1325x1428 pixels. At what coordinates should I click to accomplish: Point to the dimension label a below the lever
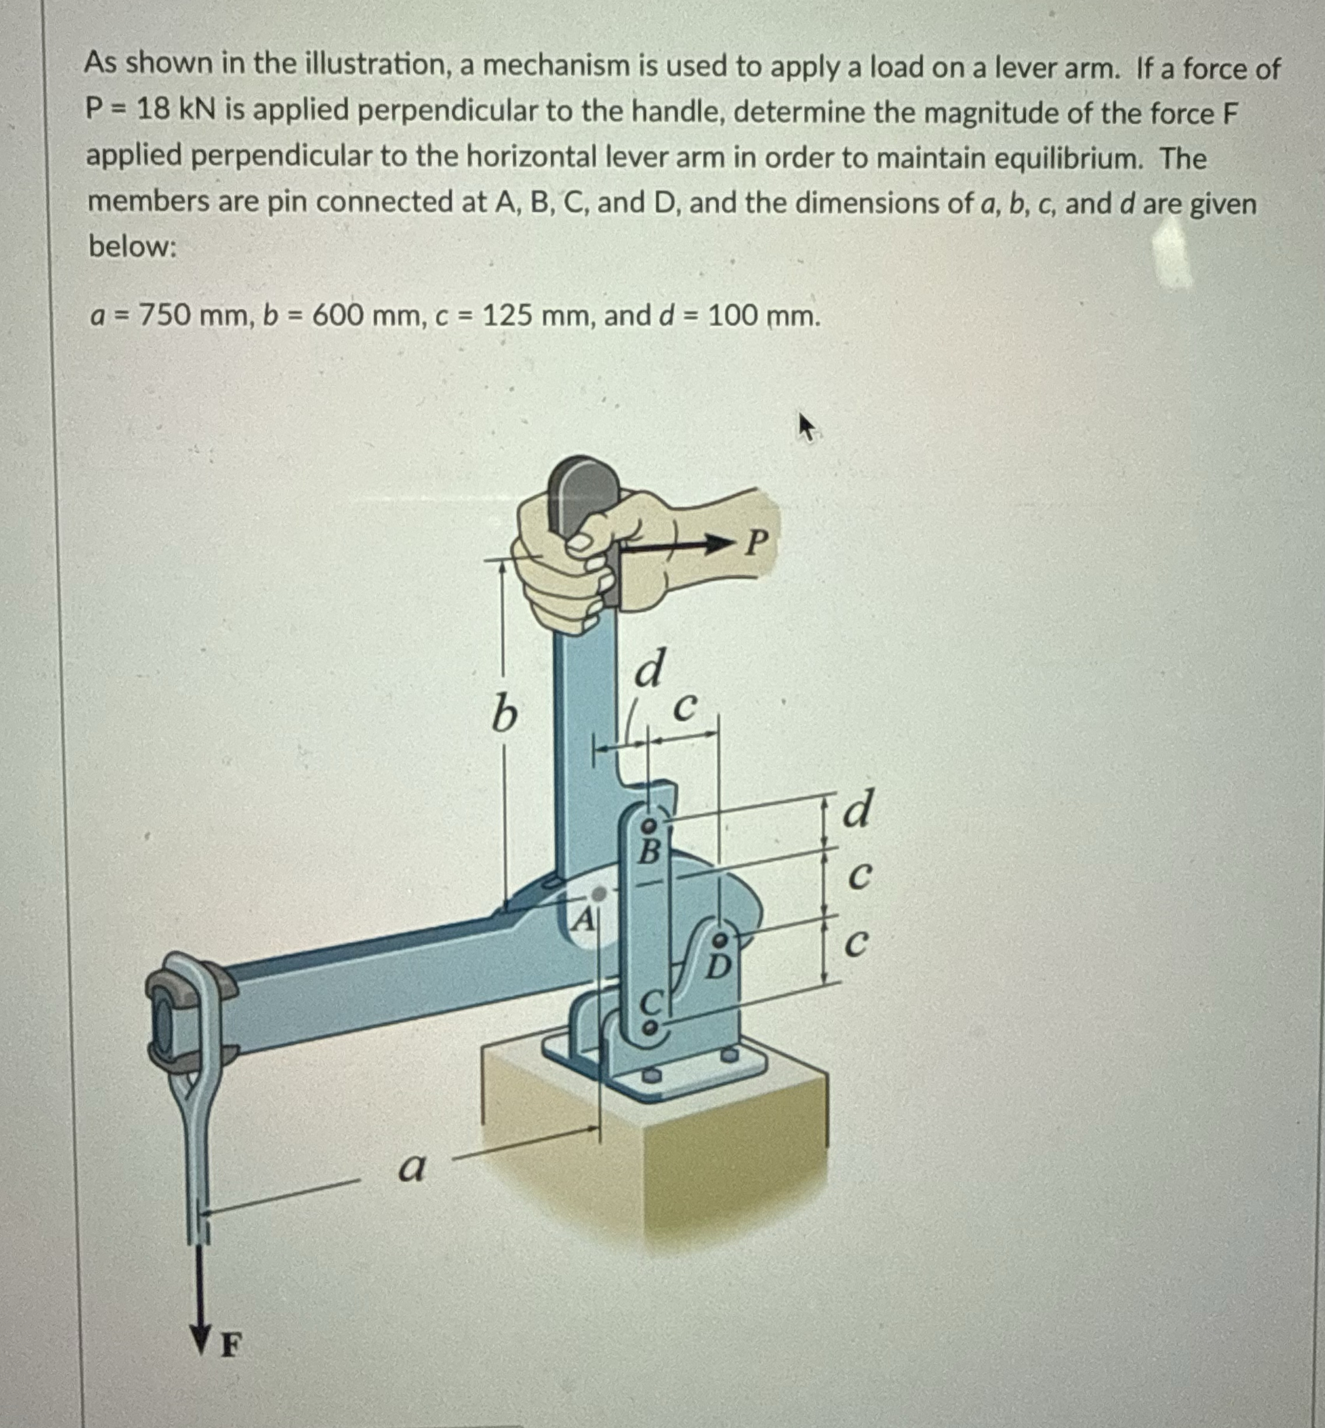point(411,1169)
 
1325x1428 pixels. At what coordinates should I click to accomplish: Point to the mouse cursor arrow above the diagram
point(807,429)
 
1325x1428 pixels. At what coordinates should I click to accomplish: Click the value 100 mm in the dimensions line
point(763,315)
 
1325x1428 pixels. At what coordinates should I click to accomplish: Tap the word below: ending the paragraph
point(132,246)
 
